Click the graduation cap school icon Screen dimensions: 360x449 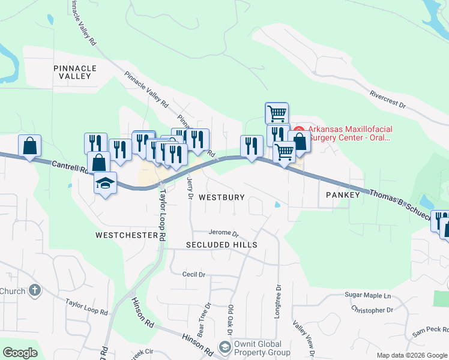coord(105,182)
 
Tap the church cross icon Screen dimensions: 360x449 coord(35,291)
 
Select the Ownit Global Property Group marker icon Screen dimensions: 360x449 coord(224,347)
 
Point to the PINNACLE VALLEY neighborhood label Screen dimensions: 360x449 coord(71,72)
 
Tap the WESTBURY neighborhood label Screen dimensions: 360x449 coord(221,197)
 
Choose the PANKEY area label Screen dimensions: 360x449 coord(342,195)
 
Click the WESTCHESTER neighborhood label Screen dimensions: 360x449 coord(126,235)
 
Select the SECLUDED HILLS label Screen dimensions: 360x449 coord(221,245)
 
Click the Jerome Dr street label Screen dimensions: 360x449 coord(223,233)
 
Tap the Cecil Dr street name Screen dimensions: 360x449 coord(193,274)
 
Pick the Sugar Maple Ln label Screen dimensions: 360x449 coord(368,295)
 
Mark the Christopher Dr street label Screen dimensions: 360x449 coord(372,310)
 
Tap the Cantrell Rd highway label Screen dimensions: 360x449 coord(70,167)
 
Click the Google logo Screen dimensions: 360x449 coord(20,353)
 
